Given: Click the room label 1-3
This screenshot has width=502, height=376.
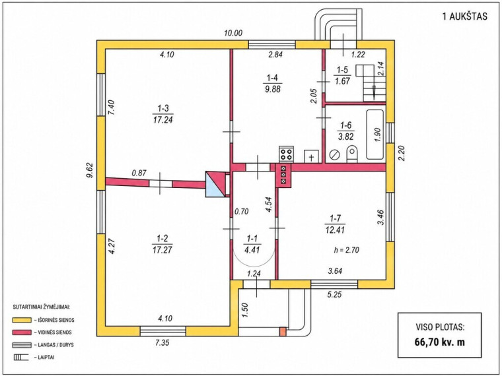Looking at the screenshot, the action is click(x=163, y=108).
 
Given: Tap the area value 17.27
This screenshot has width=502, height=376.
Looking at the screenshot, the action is click(x=162, y=250).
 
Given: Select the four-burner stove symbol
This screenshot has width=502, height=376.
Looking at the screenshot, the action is click(x=286, y=154).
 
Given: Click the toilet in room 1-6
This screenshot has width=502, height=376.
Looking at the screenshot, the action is click(x=352, y=154).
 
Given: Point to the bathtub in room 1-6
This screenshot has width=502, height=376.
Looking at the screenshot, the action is click(x=375, y=135).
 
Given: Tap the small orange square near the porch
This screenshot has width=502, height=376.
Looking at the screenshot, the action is click(x=283, y=332).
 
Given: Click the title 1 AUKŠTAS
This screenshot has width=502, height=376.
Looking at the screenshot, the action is click(x=464, y=16).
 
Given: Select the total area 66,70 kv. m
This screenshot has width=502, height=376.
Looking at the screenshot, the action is click(x=439, y=342).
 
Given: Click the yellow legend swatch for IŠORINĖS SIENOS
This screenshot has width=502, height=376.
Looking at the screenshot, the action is click(x=22, y=320).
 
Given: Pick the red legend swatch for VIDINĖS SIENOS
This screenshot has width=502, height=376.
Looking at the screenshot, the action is click(x=22, y=332).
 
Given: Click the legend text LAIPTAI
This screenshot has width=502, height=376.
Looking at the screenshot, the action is click(x=46, y=357).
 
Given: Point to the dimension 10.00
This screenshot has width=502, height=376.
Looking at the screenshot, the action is click(x=233, y=33).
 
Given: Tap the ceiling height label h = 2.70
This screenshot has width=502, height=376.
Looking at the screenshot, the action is click(x=346, y=250).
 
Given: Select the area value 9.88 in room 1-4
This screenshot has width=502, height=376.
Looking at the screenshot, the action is click(x=272, y=89).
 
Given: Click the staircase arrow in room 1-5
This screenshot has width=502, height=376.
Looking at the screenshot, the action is click(x=374, y=92).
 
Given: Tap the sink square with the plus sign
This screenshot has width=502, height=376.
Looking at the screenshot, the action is click(x=312, y=156).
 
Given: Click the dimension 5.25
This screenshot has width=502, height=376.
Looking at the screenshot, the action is click(x=335, y=294).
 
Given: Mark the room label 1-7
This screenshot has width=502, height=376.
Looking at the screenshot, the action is click(x=335, y=219).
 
